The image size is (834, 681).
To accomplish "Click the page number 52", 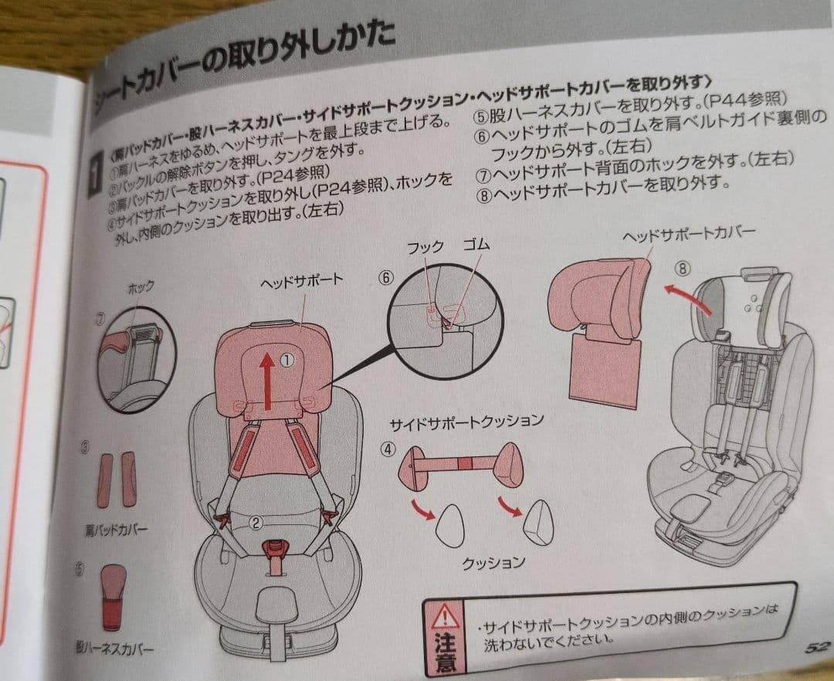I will pyautogui.click(x=815, y=647).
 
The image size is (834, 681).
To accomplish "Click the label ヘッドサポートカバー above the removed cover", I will pyautogui.click(x=689, y=235).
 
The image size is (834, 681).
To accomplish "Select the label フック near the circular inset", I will pyautogui.click(x=425, y=247).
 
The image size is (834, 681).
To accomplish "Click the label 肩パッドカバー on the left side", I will pyautogui.click(x=116, y=530).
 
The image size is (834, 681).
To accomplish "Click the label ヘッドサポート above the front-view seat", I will pyautogui.click(x=301, y=281).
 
